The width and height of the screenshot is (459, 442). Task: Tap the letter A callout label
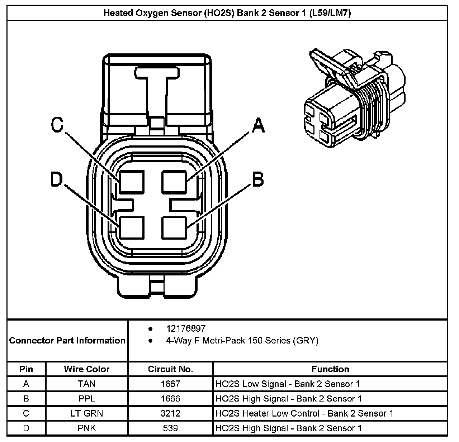[x=258, y=125]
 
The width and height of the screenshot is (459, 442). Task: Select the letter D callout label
[x=57, y=179]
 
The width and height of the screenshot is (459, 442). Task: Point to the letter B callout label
[x=258, y=179]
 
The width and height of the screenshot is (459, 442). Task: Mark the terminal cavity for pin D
[x=132, y=227]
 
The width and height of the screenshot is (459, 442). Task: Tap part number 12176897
[x=186, y=328]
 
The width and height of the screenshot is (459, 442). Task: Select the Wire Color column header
[x=87, y=369]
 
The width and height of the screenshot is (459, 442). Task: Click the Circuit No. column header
[x=170, y=369]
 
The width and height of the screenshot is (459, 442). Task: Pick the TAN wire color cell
[x=87, y=384]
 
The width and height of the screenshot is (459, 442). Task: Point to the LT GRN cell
[x=87, y=413]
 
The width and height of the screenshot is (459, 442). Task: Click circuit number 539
[x=170, y=428]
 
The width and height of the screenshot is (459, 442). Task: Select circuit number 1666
[x=170, y=399]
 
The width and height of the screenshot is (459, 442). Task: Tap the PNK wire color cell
[x=87, y=428]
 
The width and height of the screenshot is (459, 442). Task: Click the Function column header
[x=330, y=369]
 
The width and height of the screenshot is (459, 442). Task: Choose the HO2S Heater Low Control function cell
[x=304, y=413]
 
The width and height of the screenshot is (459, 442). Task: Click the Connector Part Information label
[x=67, y=340]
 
